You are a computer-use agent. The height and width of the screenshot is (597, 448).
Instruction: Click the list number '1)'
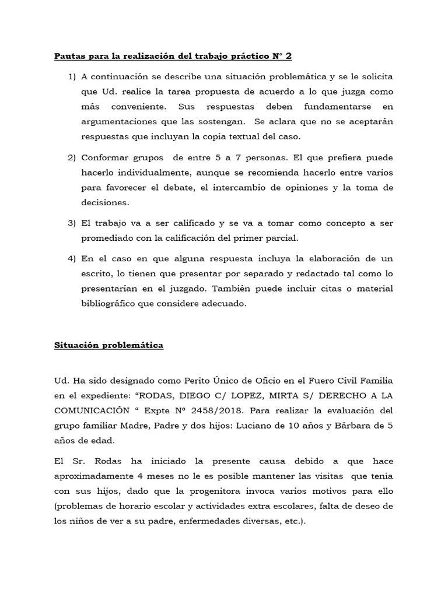pyautogui.click(x=72, y=77)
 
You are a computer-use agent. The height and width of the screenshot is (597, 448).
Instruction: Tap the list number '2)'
pyautogui.click(x=72, y=158)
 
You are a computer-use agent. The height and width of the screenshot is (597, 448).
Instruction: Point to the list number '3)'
pyautogui.click(x=72, y=223)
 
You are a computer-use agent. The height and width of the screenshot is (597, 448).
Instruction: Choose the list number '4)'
pyautogui.click(x=72, y=259)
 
